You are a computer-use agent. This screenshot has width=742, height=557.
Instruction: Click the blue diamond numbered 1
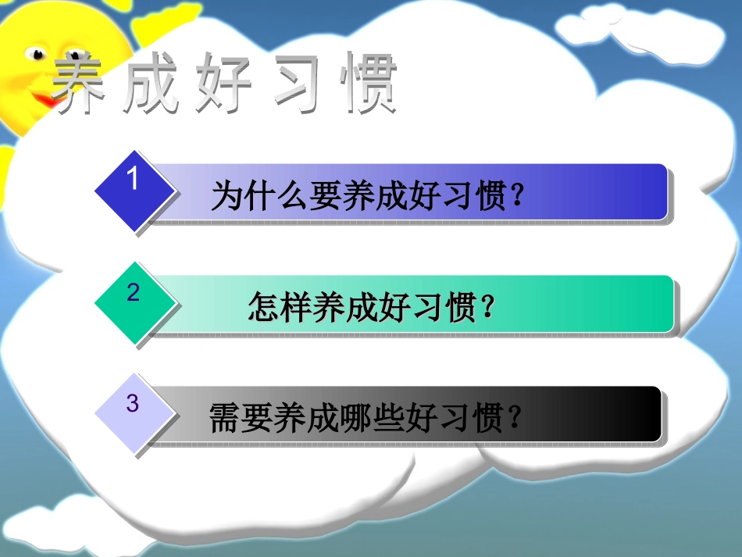(135, 191)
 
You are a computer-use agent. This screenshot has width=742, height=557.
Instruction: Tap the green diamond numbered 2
(135, 303)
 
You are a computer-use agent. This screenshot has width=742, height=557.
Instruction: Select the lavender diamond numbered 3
(135, 413)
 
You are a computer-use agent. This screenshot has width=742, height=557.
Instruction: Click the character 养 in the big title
(79, 82)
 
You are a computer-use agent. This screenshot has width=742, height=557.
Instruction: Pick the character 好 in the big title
(223, 82)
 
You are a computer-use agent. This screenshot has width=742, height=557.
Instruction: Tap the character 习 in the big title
(296, 82)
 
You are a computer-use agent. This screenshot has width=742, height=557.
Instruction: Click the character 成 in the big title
(151, 82)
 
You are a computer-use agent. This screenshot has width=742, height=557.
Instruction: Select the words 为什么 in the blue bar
(260, 195)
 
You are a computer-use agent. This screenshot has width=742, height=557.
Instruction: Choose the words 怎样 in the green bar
(280, 307)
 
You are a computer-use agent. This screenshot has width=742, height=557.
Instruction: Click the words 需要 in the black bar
(241, 417)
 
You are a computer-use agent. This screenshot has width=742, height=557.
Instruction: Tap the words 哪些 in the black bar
(371, 417)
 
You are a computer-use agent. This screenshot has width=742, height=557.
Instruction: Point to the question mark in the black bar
(514, 417)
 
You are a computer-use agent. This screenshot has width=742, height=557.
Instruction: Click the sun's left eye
(35, 53)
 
